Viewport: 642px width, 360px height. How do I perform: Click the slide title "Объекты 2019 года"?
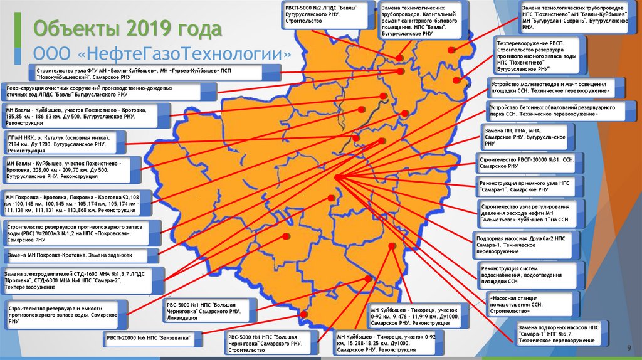127,29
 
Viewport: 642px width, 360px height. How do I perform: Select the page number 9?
628,348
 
